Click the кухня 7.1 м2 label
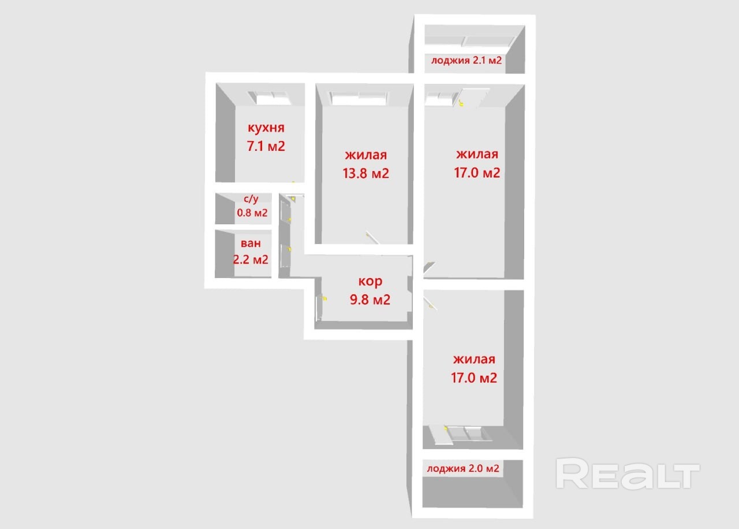click(266, 137)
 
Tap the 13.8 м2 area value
click(366, 173)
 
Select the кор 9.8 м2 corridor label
click(370, 290)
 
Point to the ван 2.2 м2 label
click(251, 251)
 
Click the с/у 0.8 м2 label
click(252, 205)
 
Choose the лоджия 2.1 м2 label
click(466, 60)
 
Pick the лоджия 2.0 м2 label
click(463, 468)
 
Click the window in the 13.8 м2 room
click(359, 98)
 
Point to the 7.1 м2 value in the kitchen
click(266, 146)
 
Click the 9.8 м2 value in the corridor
click(370, 299)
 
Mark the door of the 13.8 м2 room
click(373, 238)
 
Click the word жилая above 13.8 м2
click(366, 155)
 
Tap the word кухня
click(266, 128)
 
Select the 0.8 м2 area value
click(252, 212)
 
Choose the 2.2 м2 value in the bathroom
click(251, 260)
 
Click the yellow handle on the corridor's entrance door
click(324, 299)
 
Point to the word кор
click(370, 281)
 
